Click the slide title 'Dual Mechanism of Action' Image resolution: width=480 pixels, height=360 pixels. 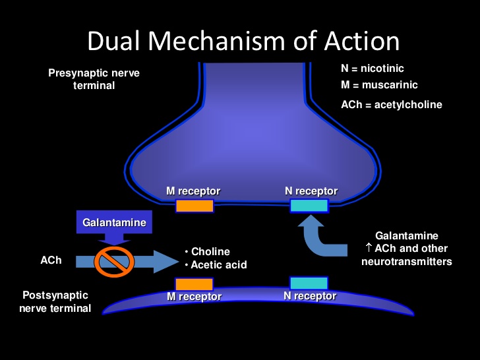click(x=243, y=42)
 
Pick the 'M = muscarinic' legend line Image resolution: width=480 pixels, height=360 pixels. click(x=379, y=85)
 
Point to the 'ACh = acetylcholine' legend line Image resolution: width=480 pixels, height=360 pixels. click(x=391, y=104)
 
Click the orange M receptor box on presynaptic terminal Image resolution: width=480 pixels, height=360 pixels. click(x=194, y=206)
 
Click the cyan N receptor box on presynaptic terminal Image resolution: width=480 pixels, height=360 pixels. click(x=309, y=206)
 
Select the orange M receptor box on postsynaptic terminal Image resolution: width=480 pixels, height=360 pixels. click(x=194, y=284)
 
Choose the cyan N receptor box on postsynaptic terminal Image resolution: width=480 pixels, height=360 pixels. click(x=309, y=284)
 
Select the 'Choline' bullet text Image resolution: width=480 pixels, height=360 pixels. click(x=210, y=252)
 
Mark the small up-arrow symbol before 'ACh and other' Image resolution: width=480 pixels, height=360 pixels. click(x=369, y=248)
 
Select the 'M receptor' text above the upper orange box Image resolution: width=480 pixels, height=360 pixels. click(x=193, y=191)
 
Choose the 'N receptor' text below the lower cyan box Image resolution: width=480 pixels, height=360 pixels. click(x=310, y=296)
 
